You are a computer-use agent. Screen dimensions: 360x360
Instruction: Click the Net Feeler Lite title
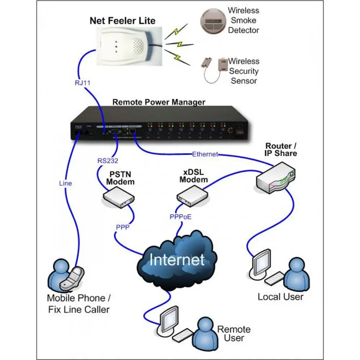pyautogui.click(x=122, y=20)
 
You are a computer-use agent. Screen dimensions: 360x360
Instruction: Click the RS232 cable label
pyautogui.click(x=108, y=161)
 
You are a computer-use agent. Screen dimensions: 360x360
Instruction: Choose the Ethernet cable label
pyautogui.click(x=205, y=154)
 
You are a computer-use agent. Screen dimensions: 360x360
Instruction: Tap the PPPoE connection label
pyautogui.click(x=181, y=217)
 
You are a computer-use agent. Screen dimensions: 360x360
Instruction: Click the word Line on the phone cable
pyautogui.click(x=66, y=183)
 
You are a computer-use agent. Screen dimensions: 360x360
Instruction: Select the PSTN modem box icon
pyautogui.click(x=119, y=198)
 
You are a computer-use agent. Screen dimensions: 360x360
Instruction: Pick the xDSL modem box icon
pyautogui.click(x=193, y=197)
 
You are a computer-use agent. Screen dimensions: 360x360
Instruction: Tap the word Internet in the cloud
pyautogui.click(x=177, y=259)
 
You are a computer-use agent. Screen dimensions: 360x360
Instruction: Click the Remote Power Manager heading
pyautogui.click(x=159, y=102)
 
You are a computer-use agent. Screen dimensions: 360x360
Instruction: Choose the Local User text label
pyautogui.click(x=280, y=297)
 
